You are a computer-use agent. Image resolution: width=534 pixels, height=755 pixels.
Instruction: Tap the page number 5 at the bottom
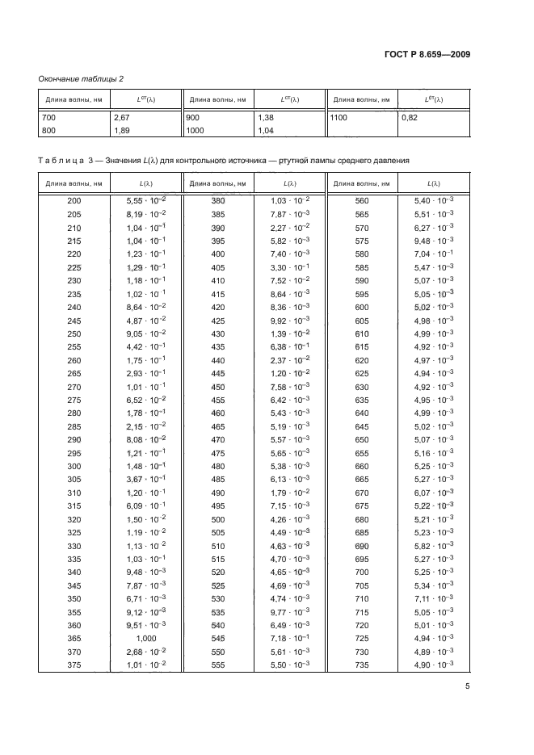(469, 686)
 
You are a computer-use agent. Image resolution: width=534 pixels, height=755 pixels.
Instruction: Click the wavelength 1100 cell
(340, 117)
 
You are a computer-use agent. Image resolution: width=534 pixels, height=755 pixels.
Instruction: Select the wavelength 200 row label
(74, 199)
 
